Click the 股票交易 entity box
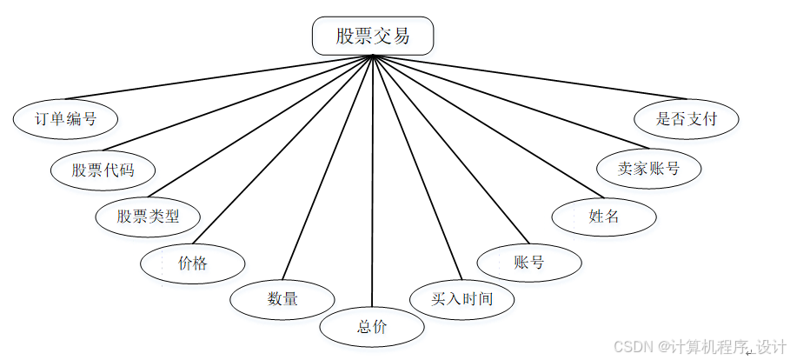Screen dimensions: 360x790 372,37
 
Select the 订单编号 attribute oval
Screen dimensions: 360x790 65,119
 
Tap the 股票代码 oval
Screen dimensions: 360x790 103,169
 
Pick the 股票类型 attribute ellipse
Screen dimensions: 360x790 147,216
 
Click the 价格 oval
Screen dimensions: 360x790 192,263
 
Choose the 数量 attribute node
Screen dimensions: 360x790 282,299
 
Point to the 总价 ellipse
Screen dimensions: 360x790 372,327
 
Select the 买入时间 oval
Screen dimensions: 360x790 461,299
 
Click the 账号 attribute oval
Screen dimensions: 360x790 528,263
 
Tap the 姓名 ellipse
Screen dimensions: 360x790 603,217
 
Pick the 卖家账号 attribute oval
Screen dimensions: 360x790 648,169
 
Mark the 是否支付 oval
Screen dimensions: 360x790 687,119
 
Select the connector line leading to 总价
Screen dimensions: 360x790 372,183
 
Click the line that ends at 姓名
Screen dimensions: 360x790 487,127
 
